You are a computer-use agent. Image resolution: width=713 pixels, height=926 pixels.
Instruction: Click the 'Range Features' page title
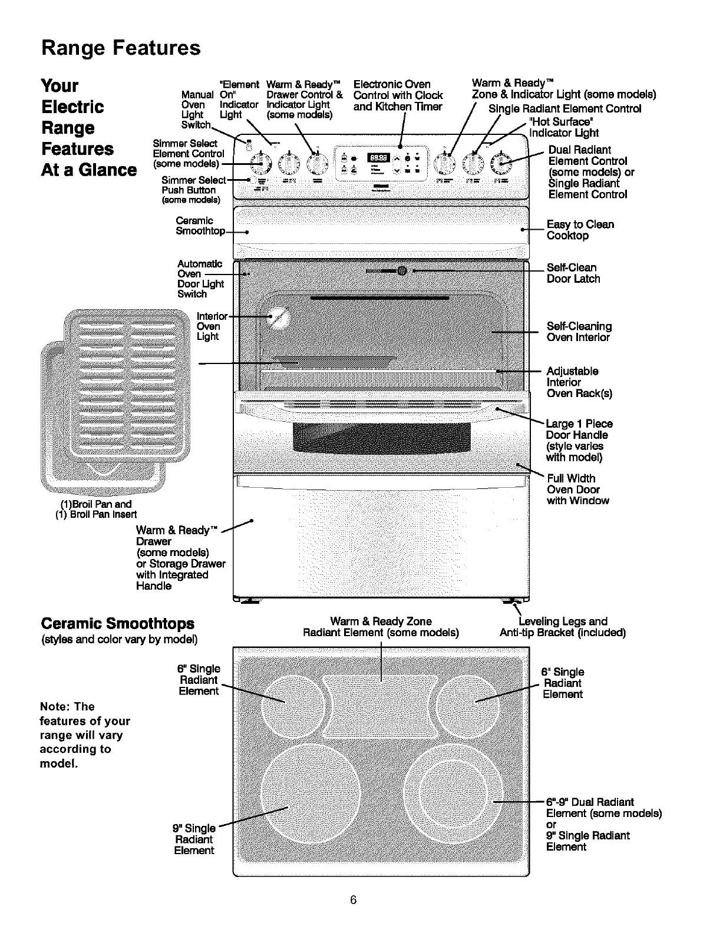[121, 48]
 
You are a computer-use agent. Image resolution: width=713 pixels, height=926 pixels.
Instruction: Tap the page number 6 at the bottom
[354, 900]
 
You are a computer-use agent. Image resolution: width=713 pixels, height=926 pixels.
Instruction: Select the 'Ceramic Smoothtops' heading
[117, 624]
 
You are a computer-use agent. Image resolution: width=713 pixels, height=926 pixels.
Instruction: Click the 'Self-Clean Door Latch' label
[573, 273]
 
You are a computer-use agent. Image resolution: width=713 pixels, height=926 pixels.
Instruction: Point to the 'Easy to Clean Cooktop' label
[580, 230]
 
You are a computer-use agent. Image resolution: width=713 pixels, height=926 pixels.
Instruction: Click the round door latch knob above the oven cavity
[402, 271]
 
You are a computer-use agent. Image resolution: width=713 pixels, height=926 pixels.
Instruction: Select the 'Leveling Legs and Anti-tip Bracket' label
[562, 627]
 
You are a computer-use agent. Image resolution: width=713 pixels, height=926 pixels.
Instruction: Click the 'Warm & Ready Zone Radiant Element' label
[381, 627]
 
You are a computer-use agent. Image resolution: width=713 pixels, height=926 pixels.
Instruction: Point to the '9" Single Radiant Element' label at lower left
[195, 839]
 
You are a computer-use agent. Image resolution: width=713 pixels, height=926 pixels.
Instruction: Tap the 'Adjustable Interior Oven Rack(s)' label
[579, 382]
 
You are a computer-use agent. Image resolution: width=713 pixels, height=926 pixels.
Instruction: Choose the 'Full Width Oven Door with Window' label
[577, 490]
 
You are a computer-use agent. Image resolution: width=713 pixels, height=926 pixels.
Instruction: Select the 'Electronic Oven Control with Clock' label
[398, 95]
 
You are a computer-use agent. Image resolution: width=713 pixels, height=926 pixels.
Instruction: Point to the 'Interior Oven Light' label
[209, 326]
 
